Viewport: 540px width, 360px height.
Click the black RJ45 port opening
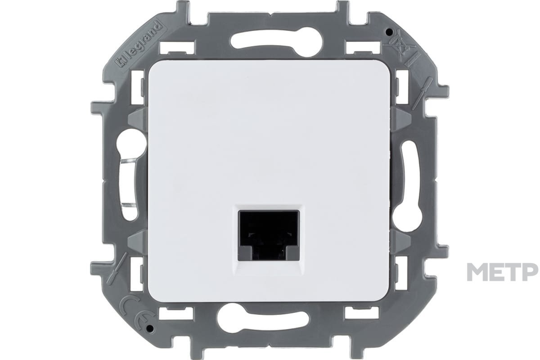pyautogui.click(x=269, y=235)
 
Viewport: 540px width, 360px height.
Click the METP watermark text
pyautogui.click(x=503, y=272)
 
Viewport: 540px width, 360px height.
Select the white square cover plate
pyautogui.click(x=269, y=181)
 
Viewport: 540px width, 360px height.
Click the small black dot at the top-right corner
pyautogui.click(x=388, y=31)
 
